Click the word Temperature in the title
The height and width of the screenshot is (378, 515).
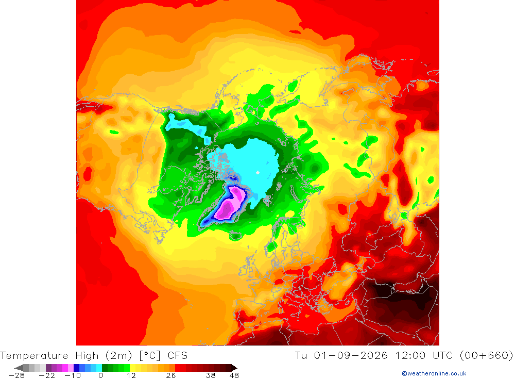[34, 356]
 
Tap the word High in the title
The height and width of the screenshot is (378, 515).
[87, 356]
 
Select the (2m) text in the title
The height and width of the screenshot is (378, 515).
[118, 356]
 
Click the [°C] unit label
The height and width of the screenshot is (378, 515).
[150, 356]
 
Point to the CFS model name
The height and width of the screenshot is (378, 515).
[177, 356]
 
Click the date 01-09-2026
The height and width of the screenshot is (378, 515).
[351, 356]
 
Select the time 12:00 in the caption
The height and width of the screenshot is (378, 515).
[410, 356]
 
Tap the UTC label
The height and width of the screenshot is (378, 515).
[443, 356]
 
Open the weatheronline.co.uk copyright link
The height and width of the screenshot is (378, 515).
[434, 373]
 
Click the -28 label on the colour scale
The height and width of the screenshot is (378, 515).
[16, 375]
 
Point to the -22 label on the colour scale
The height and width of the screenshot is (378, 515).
[47, 375]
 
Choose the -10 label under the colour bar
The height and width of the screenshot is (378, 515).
[73, 375]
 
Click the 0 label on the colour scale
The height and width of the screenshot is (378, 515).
[100, 375]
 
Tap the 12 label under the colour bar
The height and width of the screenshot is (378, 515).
[131, 375]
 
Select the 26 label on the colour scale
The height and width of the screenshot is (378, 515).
[171, 375]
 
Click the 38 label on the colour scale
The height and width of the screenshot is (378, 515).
[211, 375]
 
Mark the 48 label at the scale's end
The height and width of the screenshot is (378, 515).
[234, 375]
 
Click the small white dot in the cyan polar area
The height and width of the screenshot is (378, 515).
[258, 172]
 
